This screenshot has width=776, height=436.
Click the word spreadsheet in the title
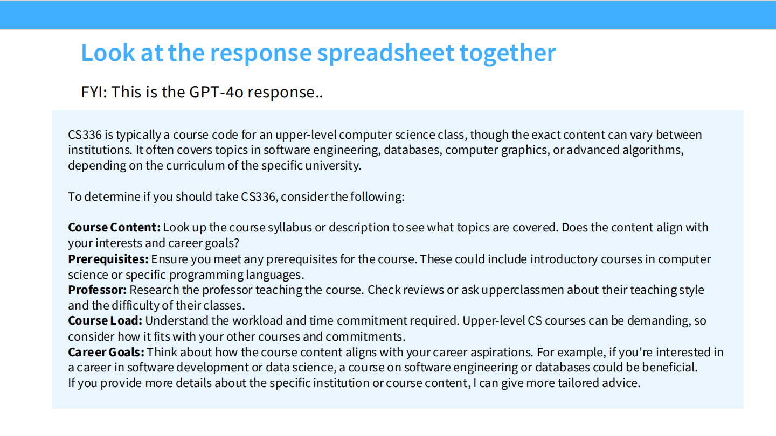point(385,53)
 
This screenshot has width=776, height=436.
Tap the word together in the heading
point(508,53)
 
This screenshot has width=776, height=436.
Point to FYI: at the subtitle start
point(94,92)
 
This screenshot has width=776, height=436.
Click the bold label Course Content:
point(114,227)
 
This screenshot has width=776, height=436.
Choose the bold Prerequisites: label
point(108,259)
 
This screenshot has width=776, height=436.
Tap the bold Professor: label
point(97,290)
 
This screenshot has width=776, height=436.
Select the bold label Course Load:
point(105,321)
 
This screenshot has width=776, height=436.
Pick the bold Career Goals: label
point(106,352)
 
